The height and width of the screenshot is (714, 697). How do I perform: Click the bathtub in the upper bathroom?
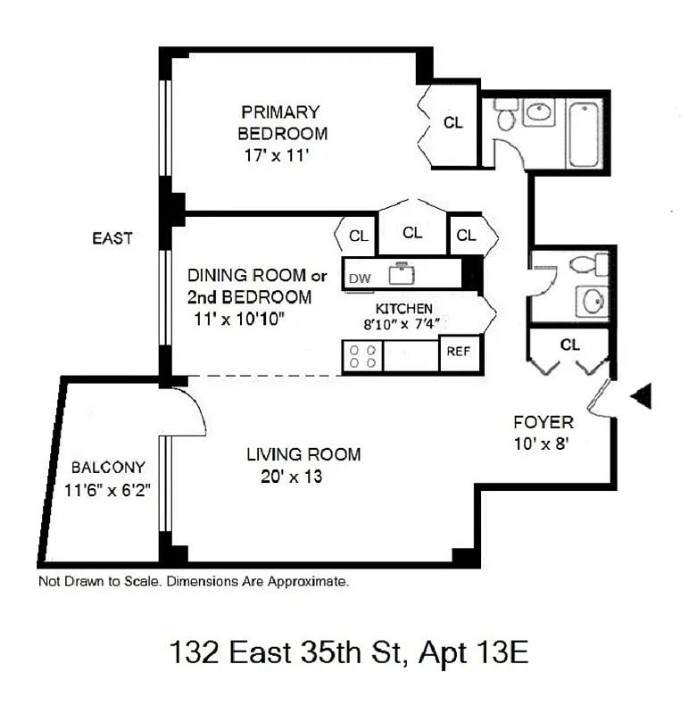click(x=585, y=133)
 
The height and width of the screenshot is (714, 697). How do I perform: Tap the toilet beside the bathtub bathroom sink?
click(x=505, y=113)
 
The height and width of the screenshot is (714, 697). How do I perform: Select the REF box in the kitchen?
click(x=458, y=351)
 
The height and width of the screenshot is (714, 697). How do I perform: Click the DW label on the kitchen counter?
click(x=359, y=278)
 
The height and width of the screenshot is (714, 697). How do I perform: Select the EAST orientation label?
click(x=112, y=238)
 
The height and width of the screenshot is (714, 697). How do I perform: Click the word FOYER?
click(x=543, y=422)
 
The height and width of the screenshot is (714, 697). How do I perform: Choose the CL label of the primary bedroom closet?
click(x=453, y=123)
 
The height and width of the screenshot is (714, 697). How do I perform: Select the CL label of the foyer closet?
click(x=570, y=344)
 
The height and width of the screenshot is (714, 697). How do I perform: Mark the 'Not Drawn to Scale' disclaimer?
click(x=193, y=581)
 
